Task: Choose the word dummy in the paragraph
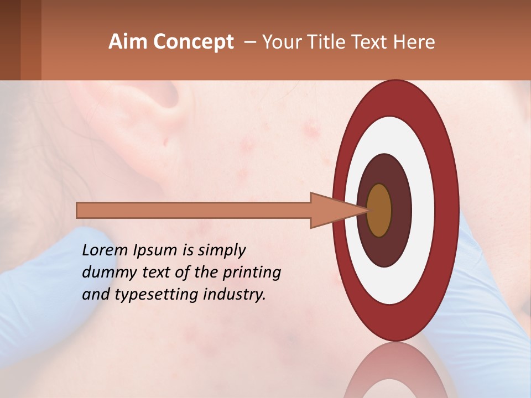coord(106,273)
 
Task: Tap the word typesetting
coord(151,295)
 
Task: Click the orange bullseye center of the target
coord(379,211)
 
